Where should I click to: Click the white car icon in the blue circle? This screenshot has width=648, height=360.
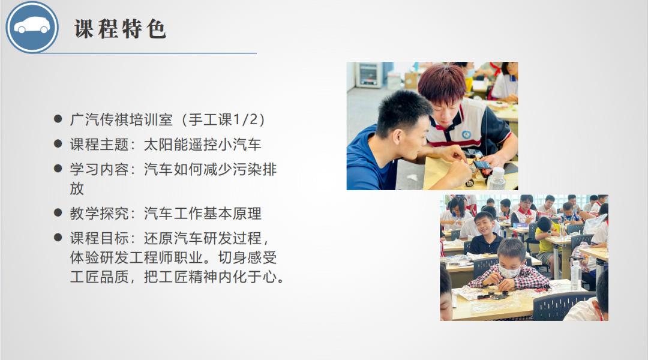tap(32, 26)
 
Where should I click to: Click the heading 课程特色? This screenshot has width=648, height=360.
tap(120, 29)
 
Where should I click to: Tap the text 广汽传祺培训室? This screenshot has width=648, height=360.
tap(121, 120)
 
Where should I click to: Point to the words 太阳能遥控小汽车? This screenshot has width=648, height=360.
tap(203, 145)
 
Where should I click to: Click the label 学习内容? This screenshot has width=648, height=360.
tap(99, 169)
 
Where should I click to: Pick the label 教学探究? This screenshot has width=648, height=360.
tap(99, 214)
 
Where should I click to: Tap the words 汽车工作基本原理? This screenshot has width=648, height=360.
tap(203, 214)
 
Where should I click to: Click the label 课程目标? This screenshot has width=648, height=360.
tap(99, 238)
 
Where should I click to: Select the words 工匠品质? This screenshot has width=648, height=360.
tap(99, 277)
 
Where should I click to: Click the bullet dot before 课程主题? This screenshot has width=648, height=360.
tap(58, 144)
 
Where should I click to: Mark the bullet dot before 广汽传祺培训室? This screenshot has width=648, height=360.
tap(58, 119)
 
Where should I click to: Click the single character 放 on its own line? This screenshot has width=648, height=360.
tap(77, 188)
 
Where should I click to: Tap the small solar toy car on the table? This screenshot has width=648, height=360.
tap(479, 171)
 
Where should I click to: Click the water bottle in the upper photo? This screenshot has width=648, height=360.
tap(496, 179)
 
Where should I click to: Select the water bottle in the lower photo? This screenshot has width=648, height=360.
tap(575, 275)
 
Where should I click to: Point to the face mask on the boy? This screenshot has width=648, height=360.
tap(509, 271)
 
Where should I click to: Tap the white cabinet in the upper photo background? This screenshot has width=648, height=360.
tap(369, 75)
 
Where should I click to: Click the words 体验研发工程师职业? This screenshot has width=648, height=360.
tap(136, 258)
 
